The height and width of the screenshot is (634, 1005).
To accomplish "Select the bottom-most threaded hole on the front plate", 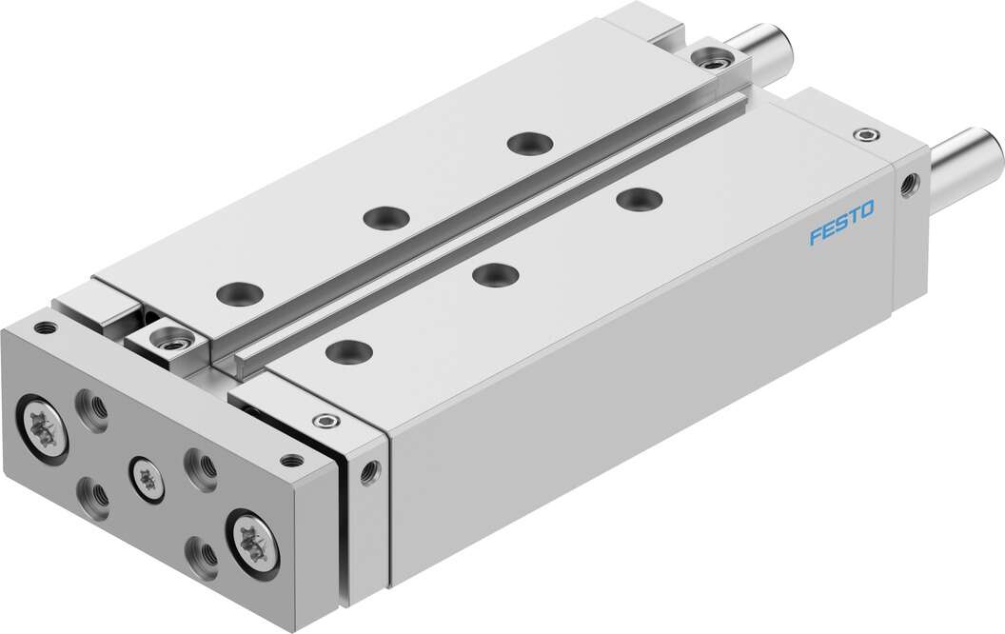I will pyautogui.click(x=201, y=551).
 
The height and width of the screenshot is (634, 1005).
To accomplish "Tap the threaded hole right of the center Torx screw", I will pyautogui.click(x=201, y=466).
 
